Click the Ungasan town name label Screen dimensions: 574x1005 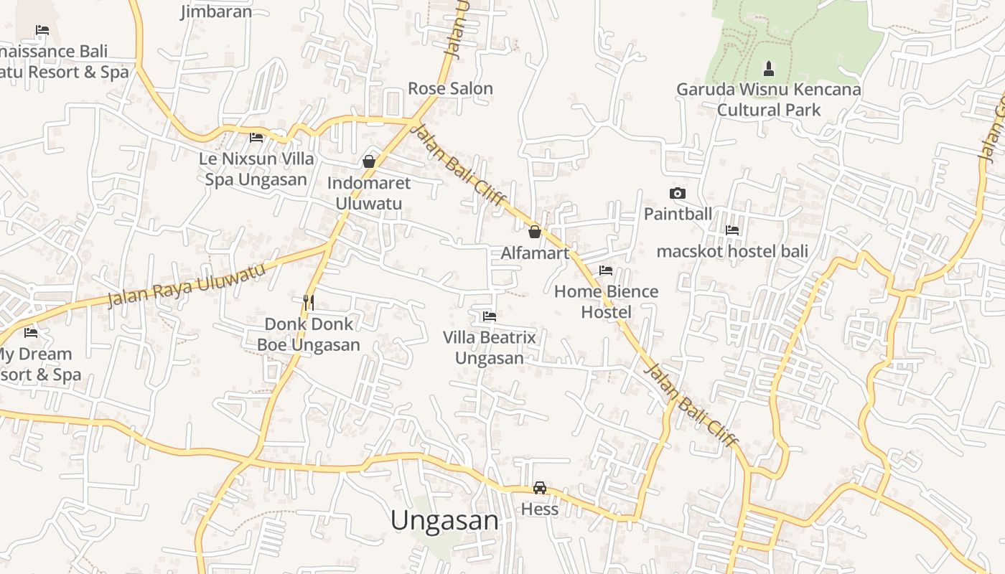pyautogui.click(x=444, y=520)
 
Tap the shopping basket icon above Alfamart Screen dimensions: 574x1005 pyautogui.click(x=534, y=232)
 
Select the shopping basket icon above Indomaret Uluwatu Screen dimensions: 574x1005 pyautogui.click(x=369, y=161)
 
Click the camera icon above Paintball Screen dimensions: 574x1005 pyautogui.click(x=677, y=193)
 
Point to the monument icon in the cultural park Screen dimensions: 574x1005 pyautogui.click(x=769, y=69)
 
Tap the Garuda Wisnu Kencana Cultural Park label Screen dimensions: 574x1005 pyautogui.click(x=769, y=100)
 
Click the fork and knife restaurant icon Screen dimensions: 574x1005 pyautogui.click(x=309, y=302)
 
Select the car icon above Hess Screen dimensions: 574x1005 pyautogui.click(x=540, y=488)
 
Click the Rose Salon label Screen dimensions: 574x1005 pyautogui.click(x=450, y=88)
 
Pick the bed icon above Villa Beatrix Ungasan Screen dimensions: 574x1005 pyautogui.click(x=490, y=316)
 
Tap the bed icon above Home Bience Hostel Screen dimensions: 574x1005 pyautogui.click(x=606, y=270)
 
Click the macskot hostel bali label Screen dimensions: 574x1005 pyautogui.click(x=732, y=251)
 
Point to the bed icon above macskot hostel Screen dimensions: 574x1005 pyautogui.click(x=732, y=230)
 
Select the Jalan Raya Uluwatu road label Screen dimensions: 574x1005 pyautogui.click(x=187, y=284)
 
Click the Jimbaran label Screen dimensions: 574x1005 pyautogui.click(x=216, y=11)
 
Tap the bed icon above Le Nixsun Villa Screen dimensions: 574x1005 pyautogui.click(x=256, y=137)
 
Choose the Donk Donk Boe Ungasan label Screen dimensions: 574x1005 pyautogui.click(x=309, y=334)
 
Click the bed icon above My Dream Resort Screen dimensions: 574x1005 pyautogui.click(x=31, y=333)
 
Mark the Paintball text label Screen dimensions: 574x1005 pyautogui.click(x=678, y=214)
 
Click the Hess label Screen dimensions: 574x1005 pyautogui.click(x=540, y=509)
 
